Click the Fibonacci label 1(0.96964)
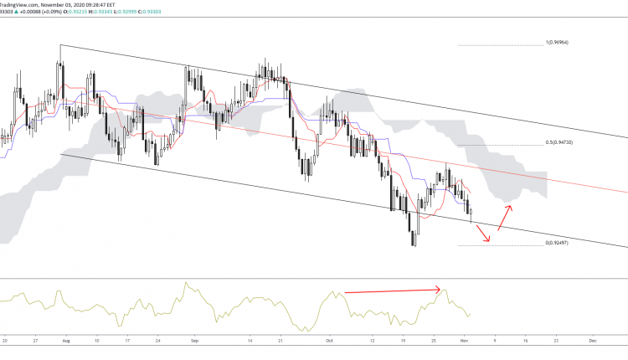559,42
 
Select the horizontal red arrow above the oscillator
393,291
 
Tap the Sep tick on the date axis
195,342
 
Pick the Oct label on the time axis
329,342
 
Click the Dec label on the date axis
592,342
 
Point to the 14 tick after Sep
250,342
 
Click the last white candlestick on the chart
471,213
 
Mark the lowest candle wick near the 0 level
414,242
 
